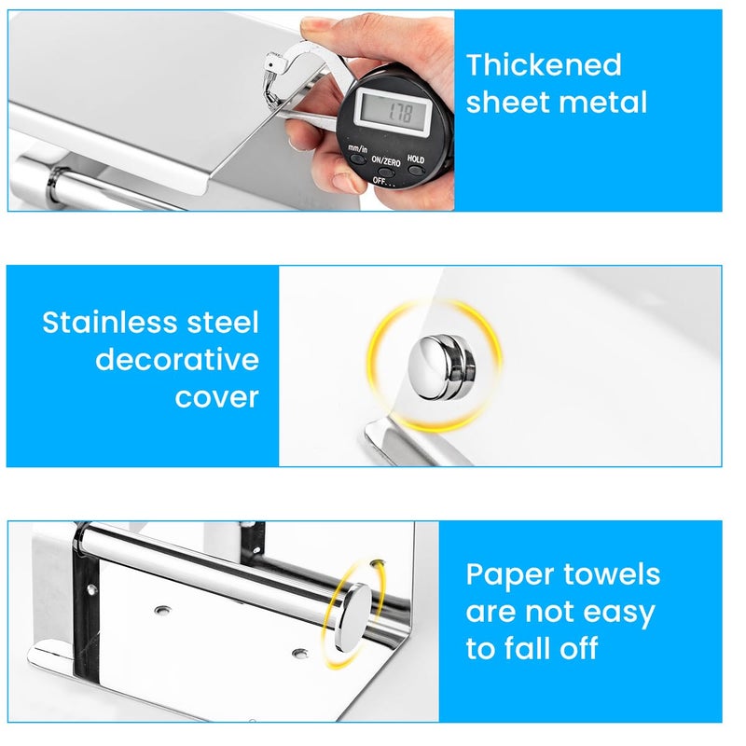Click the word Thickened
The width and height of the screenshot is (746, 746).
tap(544, 65)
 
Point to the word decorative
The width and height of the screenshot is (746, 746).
tap(177, 360)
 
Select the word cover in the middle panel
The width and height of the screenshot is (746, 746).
tap(216, 397)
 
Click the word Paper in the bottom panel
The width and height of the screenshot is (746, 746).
tap(511, 575)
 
